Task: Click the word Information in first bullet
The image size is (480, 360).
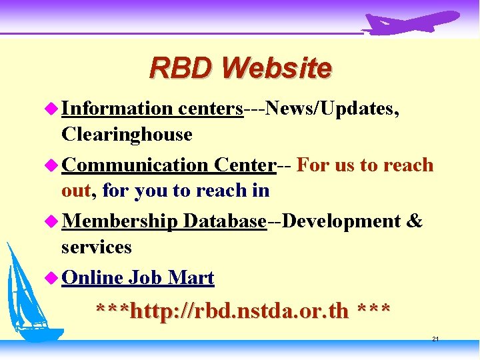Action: tap(117, 108)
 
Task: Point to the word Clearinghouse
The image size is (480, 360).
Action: tap(126, 134)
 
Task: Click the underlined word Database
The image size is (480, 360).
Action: tap(225, 221)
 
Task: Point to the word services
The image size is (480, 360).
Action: tap(96, 247)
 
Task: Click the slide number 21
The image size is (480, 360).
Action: tap(435, 339)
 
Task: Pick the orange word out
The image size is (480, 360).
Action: tap(75, 191)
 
